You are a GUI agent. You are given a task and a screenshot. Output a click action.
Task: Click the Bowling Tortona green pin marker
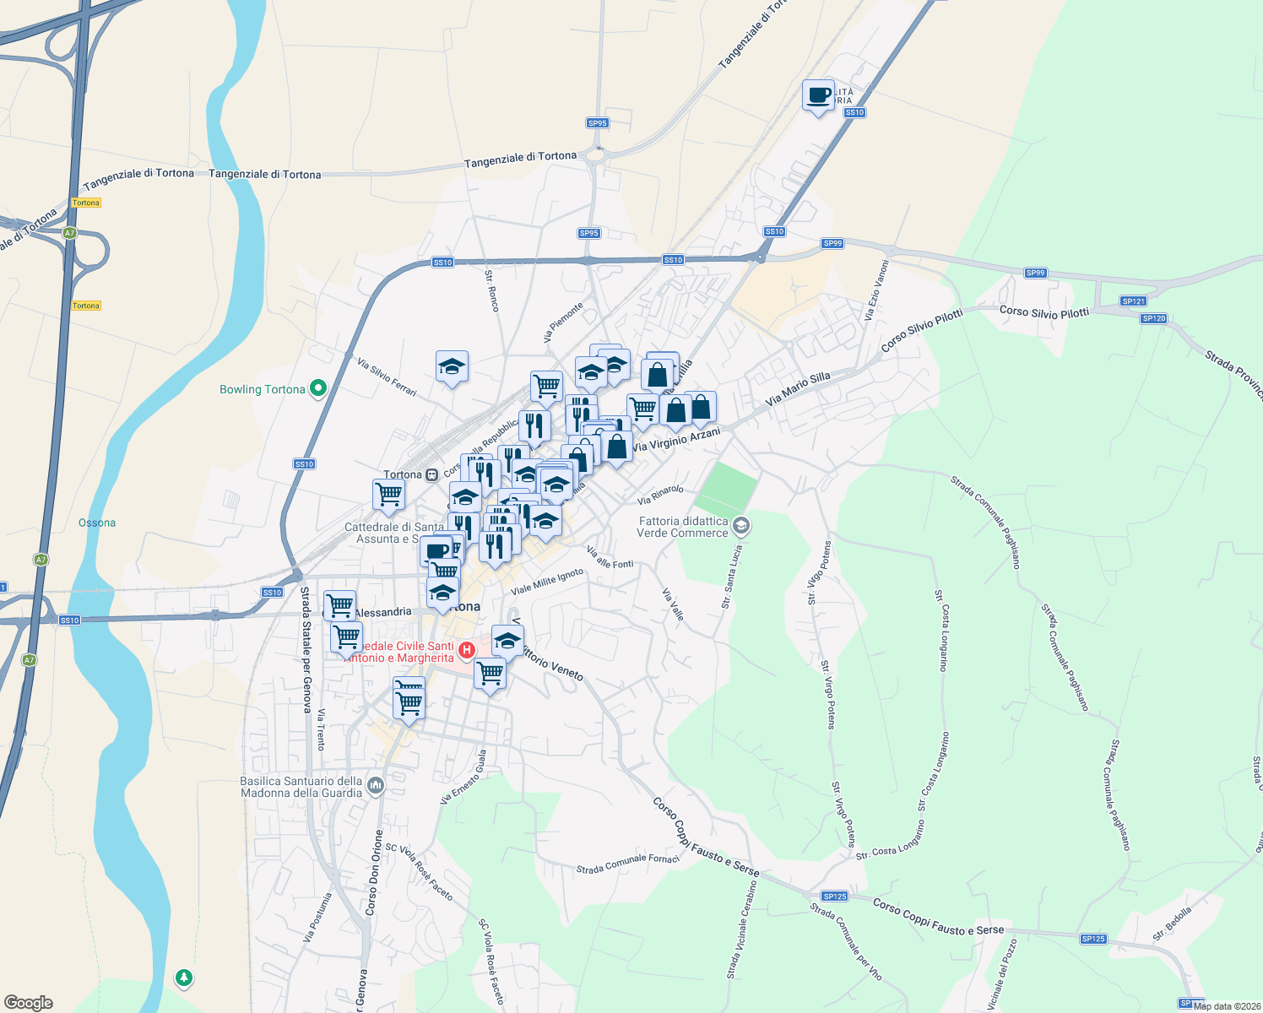point(318,389)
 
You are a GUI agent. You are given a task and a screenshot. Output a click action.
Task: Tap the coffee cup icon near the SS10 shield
point(818,95)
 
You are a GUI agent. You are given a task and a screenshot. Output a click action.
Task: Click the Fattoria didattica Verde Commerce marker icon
point(740,527)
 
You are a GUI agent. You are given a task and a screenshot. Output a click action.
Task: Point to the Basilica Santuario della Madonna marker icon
point(376,787)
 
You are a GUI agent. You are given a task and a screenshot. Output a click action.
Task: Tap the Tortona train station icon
point(432,474)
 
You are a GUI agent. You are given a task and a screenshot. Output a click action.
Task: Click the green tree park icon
point(183,978)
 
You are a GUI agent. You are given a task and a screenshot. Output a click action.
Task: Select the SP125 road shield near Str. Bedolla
point(1092,939)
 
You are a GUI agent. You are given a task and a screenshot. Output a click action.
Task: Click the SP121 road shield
point(1133,301)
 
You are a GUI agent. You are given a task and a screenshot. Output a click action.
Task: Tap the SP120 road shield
point(1153,318)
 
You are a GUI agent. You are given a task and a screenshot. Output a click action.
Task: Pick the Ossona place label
point(97,523)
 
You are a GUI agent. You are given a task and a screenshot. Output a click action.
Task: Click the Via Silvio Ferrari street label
point(387,377)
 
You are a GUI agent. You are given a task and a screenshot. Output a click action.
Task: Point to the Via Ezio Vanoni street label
point(876,290)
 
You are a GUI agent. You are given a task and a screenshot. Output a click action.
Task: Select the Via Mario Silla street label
point(798,388)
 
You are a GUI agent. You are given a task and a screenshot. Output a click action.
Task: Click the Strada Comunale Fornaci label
point(627,864)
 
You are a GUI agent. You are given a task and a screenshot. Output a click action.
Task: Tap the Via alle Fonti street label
point(610,558)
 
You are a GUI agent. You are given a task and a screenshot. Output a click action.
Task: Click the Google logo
point(29,1003)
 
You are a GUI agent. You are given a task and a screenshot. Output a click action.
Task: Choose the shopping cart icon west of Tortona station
point(388,494)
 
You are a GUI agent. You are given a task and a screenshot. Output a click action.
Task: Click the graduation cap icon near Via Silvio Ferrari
point(452,367)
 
